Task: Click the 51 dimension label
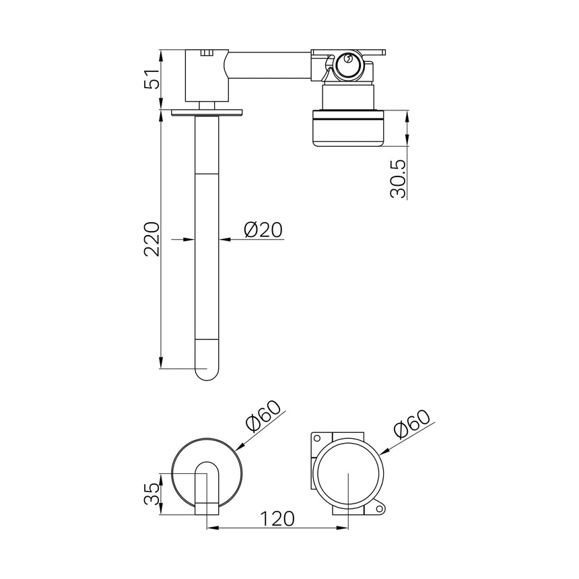152,79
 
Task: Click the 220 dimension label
152,239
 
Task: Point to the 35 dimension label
152,493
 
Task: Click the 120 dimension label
277,518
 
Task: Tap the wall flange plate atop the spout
207,112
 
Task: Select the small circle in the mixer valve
347,61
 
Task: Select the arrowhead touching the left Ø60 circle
237,445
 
